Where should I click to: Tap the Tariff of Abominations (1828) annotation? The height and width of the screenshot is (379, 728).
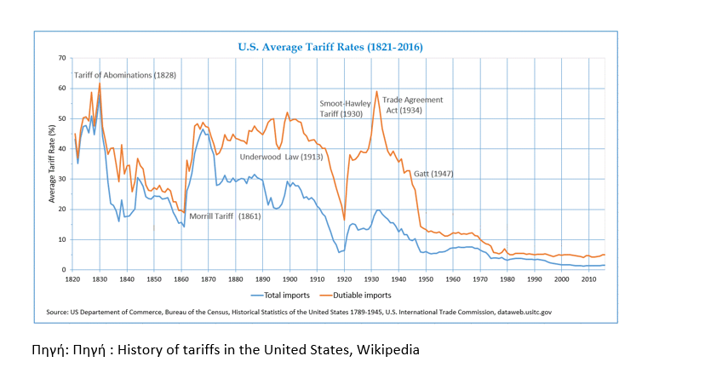(125, 75)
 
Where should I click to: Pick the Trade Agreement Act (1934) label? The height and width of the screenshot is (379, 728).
(412, 105)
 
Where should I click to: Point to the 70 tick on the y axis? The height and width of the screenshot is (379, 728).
(61, 58)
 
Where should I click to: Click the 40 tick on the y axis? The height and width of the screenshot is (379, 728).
(61, 149)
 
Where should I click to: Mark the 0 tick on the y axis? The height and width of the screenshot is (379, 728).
(63, 270)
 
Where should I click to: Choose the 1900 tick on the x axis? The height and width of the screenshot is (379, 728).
(289, 279)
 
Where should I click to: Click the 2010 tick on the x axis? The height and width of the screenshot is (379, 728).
(588, 279)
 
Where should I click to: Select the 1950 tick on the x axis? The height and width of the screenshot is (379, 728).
(426, 279)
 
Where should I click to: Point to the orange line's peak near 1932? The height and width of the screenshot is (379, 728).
(376, 91)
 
